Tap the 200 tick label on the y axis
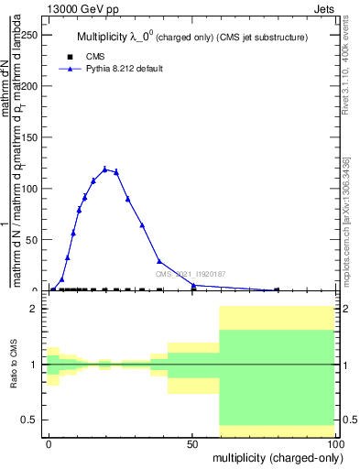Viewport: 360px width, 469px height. coord(32,86)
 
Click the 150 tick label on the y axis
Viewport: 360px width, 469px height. coord(32,137)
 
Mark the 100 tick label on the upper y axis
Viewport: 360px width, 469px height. coord(32,189)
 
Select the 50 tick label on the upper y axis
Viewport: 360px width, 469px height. coord(35,240)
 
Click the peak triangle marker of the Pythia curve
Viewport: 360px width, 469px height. coord(105,169)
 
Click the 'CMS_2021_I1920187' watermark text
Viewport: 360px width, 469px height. coord(191,274)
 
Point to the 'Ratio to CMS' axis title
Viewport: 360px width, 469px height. coord(14,364)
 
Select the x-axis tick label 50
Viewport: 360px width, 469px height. coord(192,443)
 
